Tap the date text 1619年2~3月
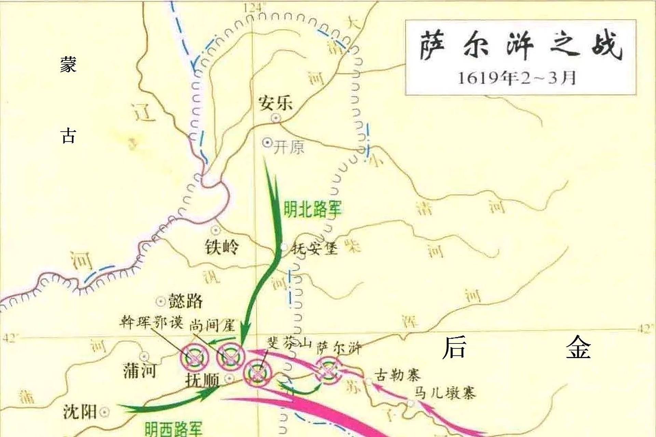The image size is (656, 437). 517,78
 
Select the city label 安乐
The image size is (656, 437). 275,103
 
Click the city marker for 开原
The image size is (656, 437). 267,142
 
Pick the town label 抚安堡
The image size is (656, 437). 314,248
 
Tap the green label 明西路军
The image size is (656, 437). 174,428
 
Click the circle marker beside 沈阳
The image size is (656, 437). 104,412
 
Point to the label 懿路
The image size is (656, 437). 186,301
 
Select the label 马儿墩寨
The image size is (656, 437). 445,393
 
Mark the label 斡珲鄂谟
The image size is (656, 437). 151,322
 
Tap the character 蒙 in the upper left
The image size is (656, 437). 68,64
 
